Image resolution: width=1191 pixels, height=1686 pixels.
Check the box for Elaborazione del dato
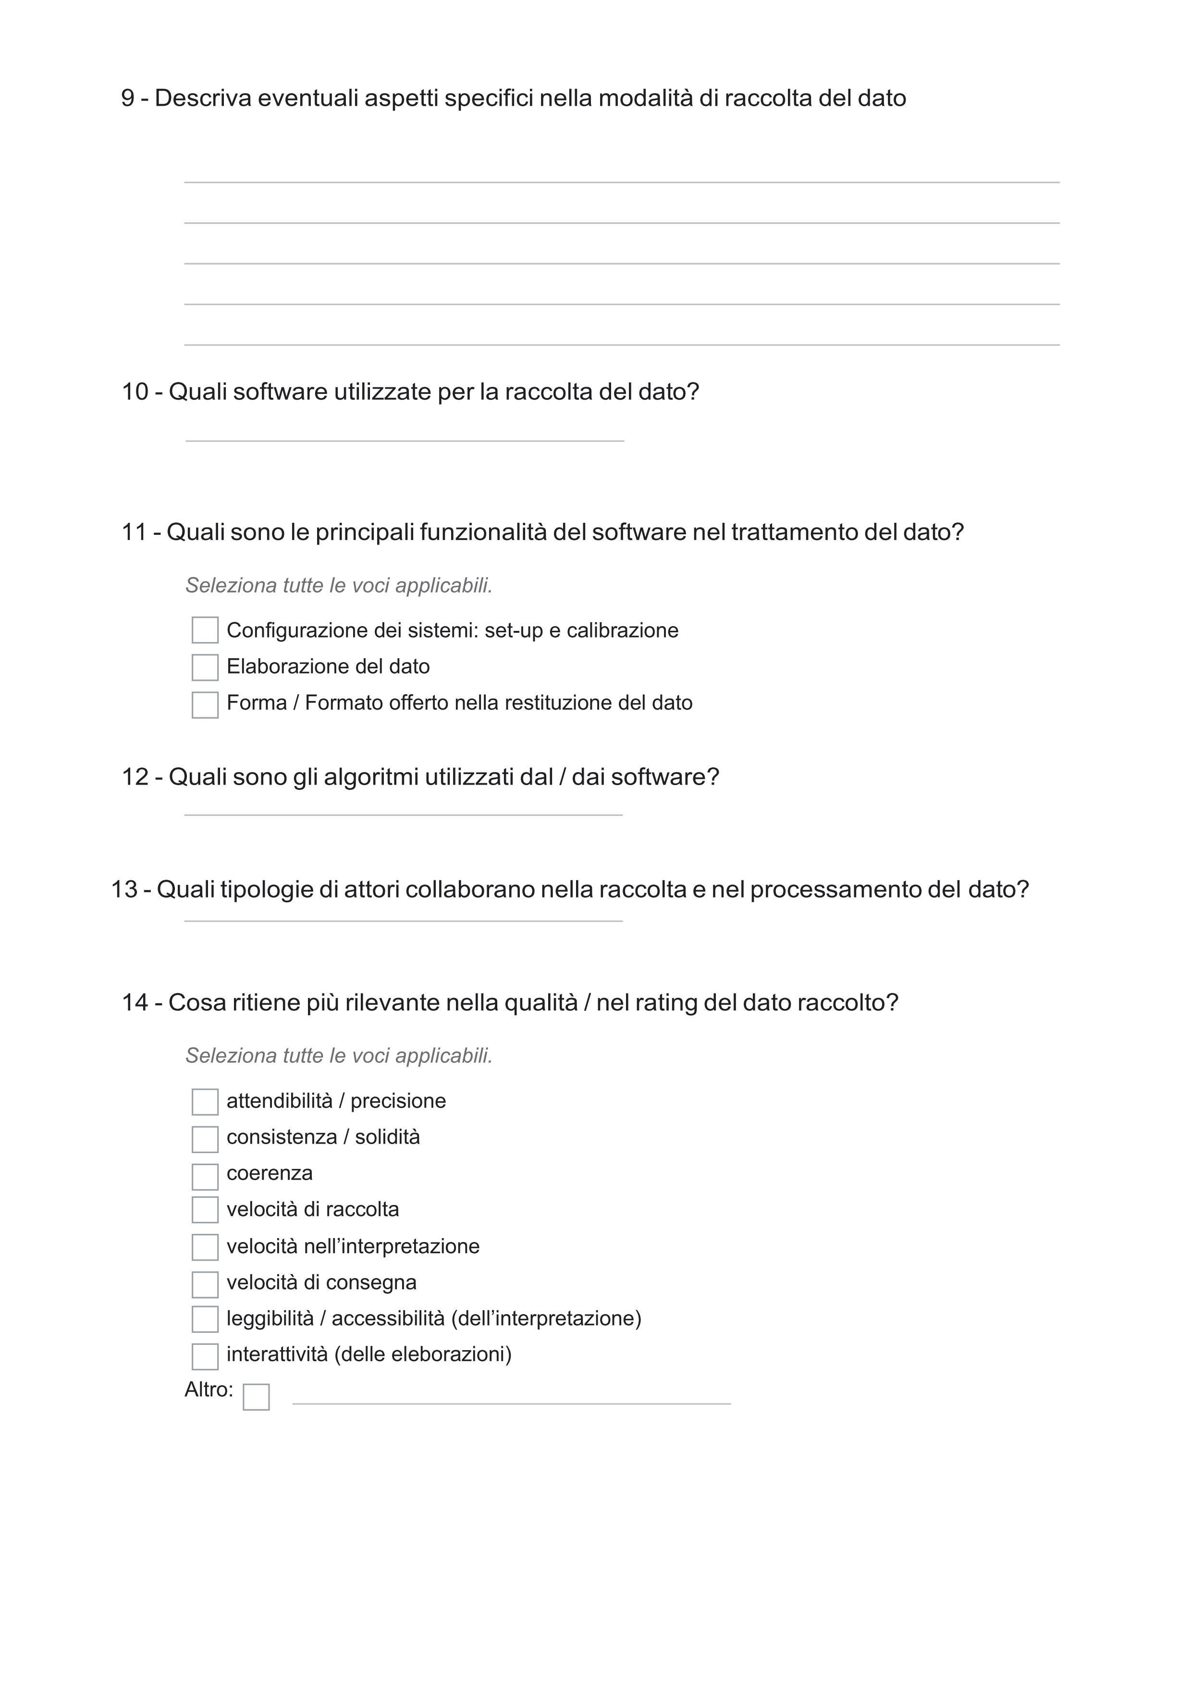(205, 667)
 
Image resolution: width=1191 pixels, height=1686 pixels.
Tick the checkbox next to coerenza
(205, 1176)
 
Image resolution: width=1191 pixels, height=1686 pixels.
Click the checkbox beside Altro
(256, 1397)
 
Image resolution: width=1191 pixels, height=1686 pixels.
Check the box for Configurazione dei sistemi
(205, 630)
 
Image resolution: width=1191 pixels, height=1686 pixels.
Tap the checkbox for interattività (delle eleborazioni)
(205, 1356)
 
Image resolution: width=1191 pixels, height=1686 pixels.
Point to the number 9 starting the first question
(128, 98)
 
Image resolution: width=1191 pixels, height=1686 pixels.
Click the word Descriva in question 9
(203, 98)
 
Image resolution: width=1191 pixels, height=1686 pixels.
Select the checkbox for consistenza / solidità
(205, 1139)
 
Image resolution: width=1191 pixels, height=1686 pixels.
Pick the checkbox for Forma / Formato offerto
(205, 705)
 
